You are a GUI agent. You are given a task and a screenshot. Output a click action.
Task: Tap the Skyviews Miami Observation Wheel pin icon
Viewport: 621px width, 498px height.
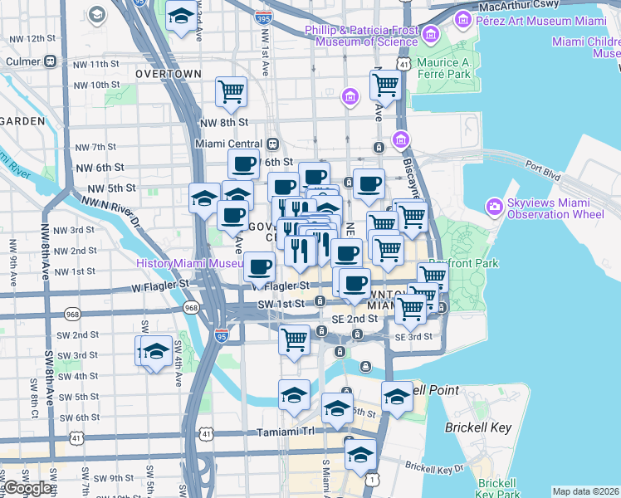pyautogui.click(x=495, y=205)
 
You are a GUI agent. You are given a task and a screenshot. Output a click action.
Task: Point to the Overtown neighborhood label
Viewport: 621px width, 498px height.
pyautogui.click(x=169, y=73)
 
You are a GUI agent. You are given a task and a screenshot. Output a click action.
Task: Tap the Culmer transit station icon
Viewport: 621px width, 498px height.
pyautogui.click(x=51, y=61)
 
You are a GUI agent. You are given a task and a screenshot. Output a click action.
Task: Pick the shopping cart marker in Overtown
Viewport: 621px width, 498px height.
pyautogui.click(x=231, y=92)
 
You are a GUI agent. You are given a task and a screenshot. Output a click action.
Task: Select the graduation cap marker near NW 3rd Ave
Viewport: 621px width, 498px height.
pyautogui.click(x=180, y=17)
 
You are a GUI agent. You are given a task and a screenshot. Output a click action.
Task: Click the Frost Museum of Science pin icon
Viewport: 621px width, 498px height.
pyautogui.click(x=431, y=34)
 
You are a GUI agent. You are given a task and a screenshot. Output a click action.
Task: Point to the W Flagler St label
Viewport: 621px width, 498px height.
pyautogui.click(x=160, y=285)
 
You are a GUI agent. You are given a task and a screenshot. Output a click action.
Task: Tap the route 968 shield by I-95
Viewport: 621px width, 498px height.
pyautogui.click(x=192, y=308)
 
